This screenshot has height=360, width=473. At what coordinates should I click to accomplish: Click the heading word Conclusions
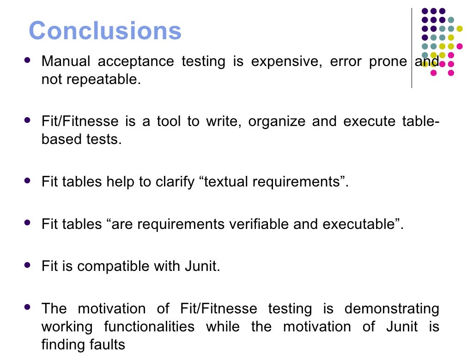pos(105,31)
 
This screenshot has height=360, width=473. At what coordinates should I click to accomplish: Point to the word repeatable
pos(103,79)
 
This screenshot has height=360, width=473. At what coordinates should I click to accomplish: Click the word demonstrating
pos(392,308)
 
